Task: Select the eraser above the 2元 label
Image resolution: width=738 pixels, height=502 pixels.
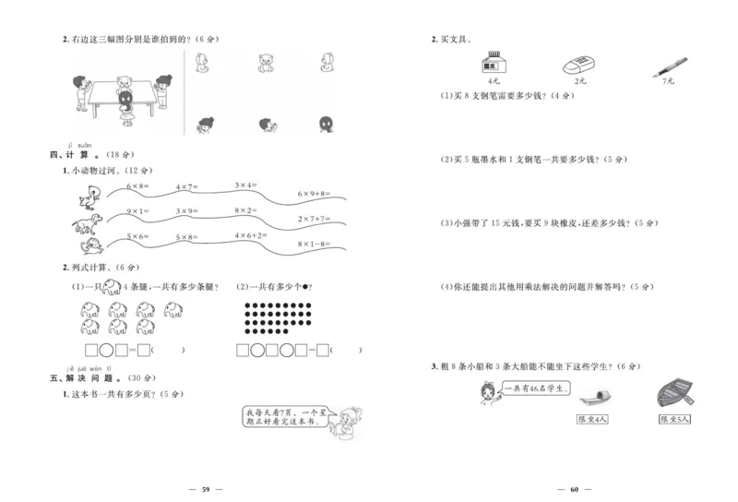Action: click(x=578, y=65)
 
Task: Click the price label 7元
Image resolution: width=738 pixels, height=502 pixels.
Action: click(x=668, y=82)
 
